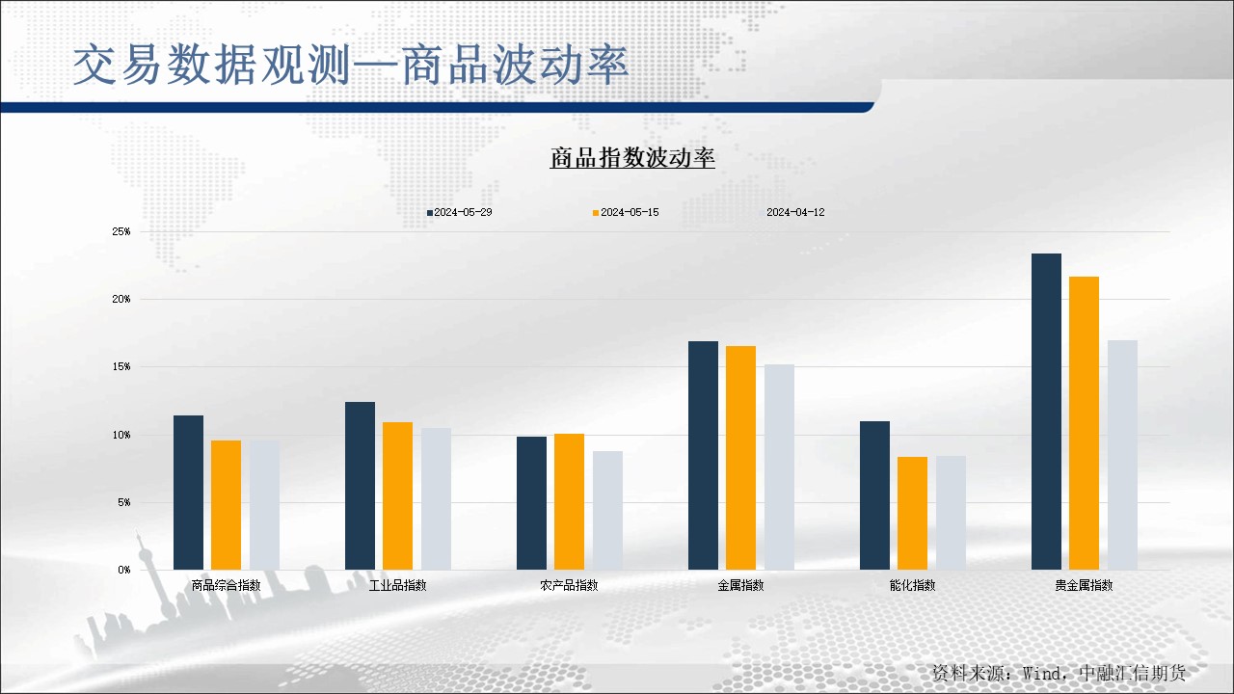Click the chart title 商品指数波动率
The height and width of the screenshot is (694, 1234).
pyautogui.click(x=632, y=157)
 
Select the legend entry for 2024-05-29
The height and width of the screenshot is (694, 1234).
pyautogui.click(x=460, y=213)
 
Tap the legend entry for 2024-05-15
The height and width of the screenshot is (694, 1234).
pyautogui.click(x=626, y=213)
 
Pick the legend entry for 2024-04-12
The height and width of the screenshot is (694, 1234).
pyautogui.click(x=791, y=213)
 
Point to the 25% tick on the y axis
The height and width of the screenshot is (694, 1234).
pyautogui.click(x=121, y=232)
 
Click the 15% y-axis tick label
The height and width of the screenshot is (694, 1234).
pyautogui.click(x=121, y=367)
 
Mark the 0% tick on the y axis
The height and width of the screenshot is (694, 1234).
pyautogui.click(x=124, y=570)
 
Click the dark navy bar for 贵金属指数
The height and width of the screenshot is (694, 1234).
pyautogui.click(x=1046, y=412)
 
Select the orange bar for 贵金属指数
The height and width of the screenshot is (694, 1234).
pyautogui.click(x=1084, y=423)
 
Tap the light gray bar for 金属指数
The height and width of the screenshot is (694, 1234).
pyautogui.click(x=779, y=467)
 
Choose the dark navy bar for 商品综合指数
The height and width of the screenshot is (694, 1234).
pyautogui.click(x=188, y=493)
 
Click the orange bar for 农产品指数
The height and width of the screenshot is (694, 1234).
pyautogui.click(x=569, y=502)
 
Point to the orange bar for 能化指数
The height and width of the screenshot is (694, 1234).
pyautogui.click(x=912, y=514)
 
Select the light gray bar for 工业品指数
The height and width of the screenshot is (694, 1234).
pyautogui.click(x=437, y=499)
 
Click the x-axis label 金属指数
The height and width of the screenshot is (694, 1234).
pyautogui.click(x=740, y=585)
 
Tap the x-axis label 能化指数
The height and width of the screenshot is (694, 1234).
pyautogui.click(x=912, y=585)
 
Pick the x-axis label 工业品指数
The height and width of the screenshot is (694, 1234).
pyautogui.click(x=398, y=585)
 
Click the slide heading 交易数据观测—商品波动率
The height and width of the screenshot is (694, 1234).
pyautogui.click(x=351, y=65)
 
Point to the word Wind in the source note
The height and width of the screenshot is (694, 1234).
pyautogui.click(x=1041, y=673)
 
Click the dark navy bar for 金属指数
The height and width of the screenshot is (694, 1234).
pyautogui.click(x=703, y=456)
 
